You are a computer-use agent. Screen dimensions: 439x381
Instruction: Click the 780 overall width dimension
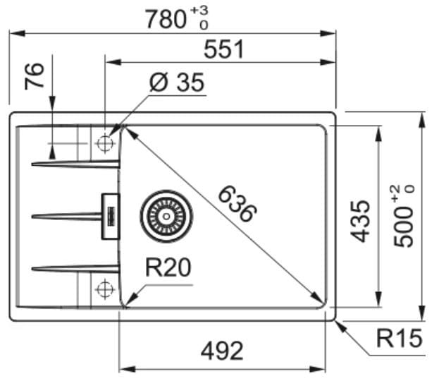pyautogui.click(x=166, y=19)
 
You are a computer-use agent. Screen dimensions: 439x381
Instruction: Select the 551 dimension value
pyautogui.click(x=223, y=49)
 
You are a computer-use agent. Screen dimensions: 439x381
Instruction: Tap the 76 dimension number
pyautogui.click(x=35, y=76)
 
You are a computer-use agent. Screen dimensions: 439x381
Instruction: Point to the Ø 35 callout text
pyautogui.click(x=177, y=83)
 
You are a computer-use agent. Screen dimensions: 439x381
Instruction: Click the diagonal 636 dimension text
pyautogui.click(x=237, y=204)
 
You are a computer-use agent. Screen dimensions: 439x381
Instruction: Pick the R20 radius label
pyautogui.click(x=168, y=267)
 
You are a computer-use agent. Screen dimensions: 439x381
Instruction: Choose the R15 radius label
pyautogui.click(x=399, y=338)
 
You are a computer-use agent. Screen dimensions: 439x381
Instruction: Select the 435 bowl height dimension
pyautogui.click(x=360, y=222)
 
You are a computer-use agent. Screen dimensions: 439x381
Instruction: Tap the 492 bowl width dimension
pyautogui.click(x=222, y=351)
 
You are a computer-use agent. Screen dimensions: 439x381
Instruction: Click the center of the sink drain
pyautogui.click(x=166, y=217)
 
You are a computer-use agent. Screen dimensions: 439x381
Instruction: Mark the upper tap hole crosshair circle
pyautogui.click(x=105, y=143)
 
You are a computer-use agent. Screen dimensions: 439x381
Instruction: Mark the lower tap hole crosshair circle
pyautogui.click(x=105, y=289)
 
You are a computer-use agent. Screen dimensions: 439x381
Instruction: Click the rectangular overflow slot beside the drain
pyautogui.click(x=111, y=217)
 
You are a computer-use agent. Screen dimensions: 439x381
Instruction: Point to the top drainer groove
pyautogui.click(x=75, y=164)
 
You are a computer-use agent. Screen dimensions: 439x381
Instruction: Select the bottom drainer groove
pyautogui.click(x=75, y=269)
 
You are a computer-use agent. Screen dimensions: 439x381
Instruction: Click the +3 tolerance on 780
pyautogui.click(x=199, y=11)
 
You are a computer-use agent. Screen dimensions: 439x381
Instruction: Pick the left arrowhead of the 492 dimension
pyautogui.click(x=128, y=369)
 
